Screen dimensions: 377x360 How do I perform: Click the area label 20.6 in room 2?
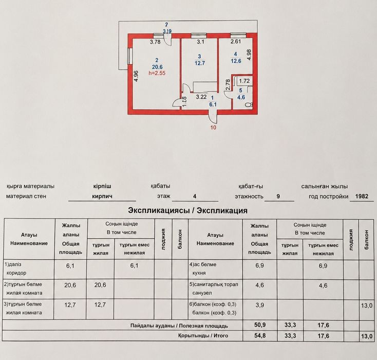click(157, 67)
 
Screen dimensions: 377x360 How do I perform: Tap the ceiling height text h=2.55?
click(157, 73)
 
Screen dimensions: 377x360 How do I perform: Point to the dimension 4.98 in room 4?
click(249, 55)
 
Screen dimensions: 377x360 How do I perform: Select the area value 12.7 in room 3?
click(200, 63)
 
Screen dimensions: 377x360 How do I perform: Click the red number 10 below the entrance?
click(213, 128)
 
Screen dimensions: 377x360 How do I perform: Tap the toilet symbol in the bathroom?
click(249, 105)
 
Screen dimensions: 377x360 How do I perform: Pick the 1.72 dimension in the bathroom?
click(244, 81)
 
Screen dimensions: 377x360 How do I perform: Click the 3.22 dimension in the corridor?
click(201, 97)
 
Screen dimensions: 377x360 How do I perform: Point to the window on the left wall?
click(130, 56)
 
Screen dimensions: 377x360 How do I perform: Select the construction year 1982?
click(362, 196)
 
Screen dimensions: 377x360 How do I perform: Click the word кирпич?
click(102, 196)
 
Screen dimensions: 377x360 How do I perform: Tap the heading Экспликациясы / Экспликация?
click(187, 210)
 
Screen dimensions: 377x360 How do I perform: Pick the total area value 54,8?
click(260, 335)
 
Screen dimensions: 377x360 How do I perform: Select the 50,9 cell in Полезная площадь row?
click(260, 325)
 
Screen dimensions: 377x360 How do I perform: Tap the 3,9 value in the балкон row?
click(260, 305)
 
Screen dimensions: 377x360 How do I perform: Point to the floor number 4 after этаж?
click(195, 196)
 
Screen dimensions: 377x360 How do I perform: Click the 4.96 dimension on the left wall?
click(136, 76)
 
